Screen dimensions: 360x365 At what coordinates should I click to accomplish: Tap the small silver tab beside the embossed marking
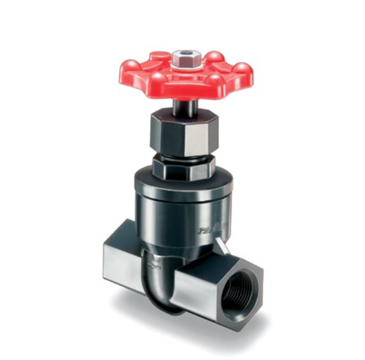pos(222,245)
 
